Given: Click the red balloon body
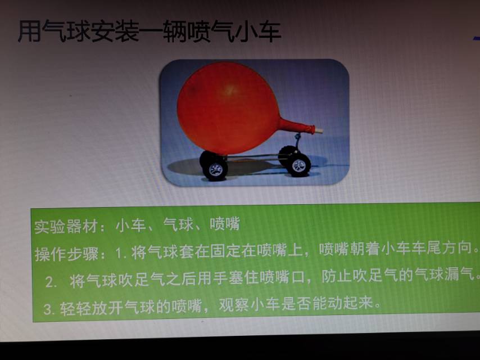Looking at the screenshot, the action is tap(228, 108).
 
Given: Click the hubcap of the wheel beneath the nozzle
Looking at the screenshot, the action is tap(299, 165).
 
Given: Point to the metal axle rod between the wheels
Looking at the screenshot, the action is tap(252, 157).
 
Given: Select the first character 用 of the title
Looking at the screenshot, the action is tap(29, 31).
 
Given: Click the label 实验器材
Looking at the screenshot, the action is tap(66, 227).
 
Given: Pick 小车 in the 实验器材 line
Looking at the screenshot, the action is tap(131, 226).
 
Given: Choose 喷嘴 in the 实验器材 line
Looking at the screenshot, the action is tap(224, 224).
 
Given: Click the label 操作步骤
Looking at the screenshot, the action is tap(66, 254).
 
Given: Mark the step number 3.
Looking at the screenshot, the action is tap(49, 309).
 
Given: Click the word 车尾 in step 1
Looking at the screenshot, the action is tap(427, 248).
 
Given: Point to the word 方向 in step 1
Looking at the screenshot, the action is tap(457, 247).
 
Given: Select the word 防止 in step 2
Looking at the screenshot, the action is tap(337, 276).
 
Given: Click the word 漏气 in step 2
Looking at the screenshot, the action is tap(460, 274).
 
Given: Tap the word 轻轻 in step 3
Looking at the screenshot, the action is tap(75, 308).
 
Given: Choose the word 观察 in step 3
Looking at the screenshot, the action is tap(234, 305).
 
